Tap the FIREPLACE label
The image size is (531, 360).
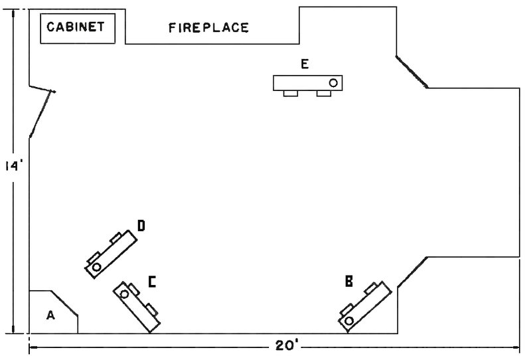click(x=208, y=28)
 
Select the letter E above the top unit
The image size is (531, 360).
click(x=305, y=64)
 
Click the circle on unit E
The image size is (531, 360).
click(x=334, y=83)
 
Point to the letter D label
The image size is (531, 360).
click(x=141, y=226)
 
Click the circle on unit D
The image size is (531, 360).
click(x=96, y=266)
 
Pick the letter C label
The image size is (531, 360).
click(x=152, y=283)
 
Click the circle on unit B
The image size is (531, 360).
click(x=349, y=321)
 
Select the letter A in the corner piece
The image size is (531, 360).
click(x=50, y=316)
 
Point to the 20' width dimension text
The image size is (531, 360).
click(x=287, y=346)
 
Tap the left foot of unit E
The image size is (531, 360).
click(x=290, y=94)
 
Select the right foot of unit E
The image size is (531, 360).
click(x=323, y=94)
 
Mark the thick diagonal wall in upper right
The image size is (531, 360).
click(x=412, y=71)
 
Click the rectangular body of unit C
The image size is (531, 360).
click(x=138, y=306)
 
